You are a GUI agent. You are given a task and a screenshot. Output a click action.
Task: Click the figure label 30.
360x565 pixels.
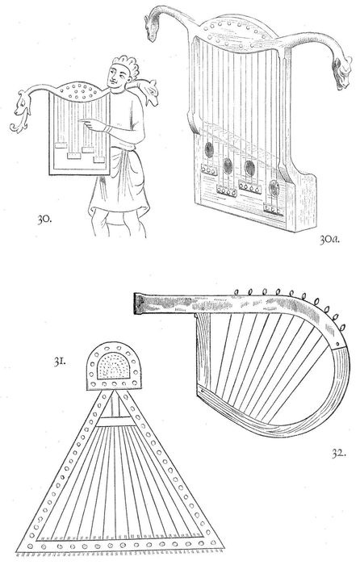pyautogui.click(x=44, y=219)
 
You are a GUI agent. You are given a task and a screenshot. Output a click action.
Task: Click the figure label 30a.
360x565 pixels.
pyautogui.click(x=329, y=240)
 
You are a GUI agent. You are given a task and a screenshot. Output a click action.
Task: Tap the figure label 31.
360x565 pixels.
pyautogui.click(x=60, y=362)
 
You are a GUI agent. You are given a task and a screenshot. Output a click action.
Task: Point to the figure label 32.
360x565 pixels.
pyautogui.click(x=338, y=453)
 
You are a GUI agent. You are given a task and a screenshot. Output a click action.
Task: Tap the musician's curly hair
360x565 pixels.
pyautogui.click(x=126, y=64)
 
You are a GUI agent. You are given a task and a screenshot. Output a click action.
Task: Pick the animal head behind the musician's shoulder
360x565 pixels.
pyautogui.click(x=149, y=92)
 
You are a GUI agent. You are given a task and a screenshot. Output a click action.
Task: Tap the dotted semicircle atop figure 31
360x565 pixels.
pyautogui.click(x=114, y=366)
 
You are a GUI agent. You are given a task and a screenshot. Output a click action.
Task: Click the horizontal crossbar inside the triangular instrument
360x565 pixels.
pyautogui.click(x=114, y=421)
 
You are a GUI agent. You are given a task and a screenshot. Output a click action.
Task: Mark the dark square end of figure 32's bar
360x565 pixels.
pyautogui.click(x=139, y=303)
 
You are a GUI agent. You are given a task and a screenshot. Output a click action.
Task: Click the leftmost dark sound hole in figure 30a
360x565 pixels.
pyautogui.click(x=208, y=149)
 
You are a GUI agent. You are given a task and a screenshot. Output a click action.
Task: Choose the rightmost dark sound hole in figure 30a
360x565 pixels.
pyautogui.click(x=274, y=188)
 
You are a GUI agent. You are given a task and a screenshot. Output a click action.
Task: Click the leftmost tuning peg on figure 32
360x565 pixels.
pyautogui.click(x=237, y=292)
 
